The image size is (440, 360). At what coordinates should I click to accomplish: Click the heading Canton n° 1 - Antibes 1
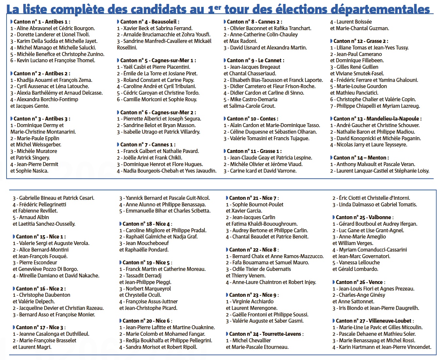click(40, 22)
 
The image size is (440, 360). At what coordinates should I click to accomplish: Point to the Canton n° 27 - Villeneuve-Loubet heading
click(375, 321)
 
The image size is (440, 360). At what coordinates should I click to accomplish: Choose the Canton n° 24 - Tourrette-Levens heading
click(266, 334)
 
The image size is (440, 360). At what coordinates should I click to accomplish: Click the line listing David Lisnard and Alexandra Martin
click(265, 47)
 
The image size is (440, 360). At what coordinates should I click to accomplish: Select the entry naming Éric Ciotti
click(371, 198)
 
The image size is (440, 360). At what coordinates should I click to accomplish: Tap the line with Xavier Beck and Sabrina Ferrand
click(155, 28)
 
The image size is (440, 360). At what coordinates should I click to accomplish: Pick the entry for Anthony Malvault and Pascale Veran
click(373, 164)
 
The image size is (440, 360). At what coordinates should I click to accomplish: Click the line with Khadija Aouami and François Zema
click(51, 80)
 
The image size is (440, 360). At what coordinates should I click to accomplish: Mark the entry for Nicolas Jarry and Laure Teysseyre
click(369, 144)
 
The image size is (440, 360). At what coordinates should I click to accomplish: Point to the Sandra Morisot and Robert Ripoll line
click(158, 347)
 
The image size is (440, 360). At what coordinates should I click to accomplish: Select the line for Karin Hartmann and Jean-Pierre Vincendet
click(382, 347)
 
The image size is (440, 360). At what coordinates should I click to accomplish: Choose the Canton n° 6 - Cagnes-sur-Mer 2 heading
click(158, 112)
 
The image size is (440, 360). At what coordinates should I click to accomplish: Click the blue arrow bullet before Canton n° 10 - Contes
click(225, 119)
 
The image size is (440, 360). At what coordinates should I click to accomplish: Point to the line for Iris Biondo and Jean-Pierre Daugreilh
click(376, 308)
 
